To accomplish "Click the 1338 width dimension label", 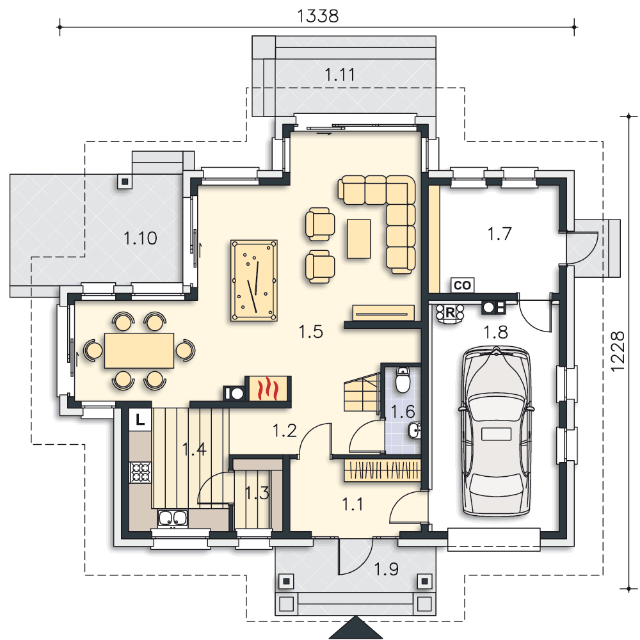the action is tap(317, 17).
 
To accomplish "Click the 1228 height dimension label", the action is tap(618, 351).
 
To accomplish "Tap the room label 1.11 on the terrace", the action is tap(340, 75).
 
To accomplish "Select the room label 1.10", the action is tap(140, 238).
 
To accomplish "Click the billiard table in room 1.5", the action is tap(254, 280).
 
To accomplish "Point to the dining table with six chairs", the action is tap(139, 351).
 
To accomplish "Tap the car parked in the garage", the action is tap(497, 431).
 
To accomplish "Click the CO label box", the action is tap(463, 285).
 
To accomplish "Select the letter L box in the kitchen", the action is tap(140, 419).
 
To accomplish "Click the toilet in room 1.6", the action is tap(403, 380).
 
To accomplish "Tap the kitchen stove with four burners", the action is tap(140, 472).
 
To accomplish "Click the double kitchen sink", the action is tap(173, 518).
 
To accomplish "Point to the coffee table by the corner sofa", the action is tap(359, 239).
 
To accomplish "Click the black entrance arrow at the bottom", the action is tap(355, 628).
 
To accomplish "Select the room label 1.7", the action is tap(499, 234).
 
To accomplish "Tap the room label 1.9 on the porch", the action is tap(386, 569).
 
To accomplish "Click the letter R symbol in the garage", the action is tap(450, 313).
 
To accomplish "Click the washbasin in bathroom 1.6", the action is tap(414, 430).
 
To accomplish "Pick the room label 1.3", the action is tap(257, 493).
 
